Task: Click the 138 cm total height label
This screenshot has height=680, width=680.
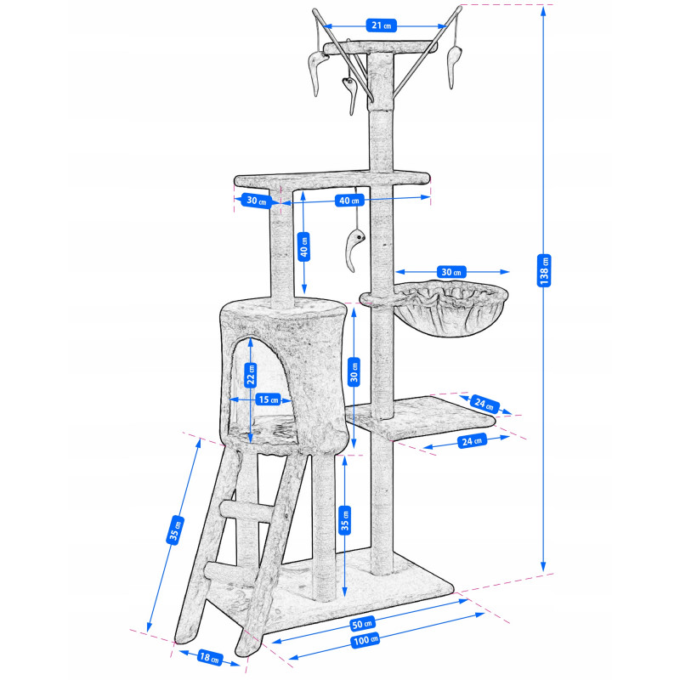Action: coord(544,270)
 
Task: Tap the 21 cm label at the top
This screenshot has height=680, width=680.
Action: coord(381,25)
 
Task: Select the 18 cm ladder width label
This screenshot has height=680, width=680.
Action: coord(210,656)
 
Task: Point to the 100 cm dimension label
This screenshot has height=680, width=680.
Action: coord(365,640)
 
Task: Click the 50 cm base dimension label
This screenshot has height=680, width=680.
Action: coord(362,624)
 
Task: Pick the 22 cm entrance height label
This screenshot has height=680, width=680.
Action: coord(251,374)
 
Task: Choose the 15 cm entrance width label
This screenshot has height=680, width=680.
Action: coord(269,399)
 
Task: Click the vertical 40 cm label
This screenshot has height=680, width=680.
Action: coord(304,246)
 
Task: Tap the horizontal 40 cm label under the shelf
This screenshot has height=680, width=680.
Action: coord(349,201)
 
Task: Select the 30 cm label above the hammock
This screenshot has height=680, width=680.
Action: coord(451,272)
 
